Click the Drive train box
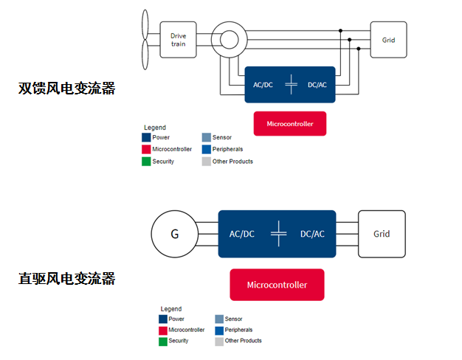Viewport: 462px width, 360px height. [x=178, y=39]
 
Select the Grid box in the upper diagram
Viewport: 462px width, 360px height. [x=388, y=39]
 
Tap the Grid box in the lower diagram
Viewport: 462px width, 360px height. [x=381, y=234]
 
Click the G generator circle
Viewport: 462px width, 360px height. [x=174, y=235]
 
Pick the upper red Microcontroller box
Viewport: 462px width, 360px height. [x=289, y=123]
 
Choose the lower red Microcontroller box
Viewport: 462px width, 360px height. [x=276, y=284]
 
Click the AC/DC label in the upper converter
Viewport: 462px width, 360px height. [x=263, y=85]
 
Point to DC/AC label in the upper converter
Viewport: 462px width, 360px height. [x=318, y=85]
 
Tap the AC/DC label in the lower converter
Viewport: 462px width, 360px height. [x=241, y=234]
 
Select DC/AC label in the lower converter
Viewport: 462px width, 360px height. [x=312, y=234]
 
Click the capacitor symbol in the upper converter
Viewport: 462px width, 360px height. [x=291, y=85]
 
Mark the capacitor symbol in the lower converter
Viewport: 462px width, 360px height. [x=277, y=234]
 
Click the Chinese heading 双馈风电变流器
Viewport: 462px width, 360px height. [x=67, y=89]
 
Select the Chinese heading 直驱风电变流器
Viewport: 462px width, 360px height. [x=67, y=279]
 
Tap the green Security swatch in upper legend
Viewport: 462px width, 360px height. [x=146, y=162]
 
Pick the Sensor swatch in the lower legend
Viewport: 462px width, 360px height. [x=219, y=319]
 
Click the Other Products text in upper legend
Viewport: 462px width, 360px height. [x=232, y=162]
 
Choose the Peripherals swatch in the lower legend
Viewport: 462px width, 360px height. [x=219, y=330]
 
